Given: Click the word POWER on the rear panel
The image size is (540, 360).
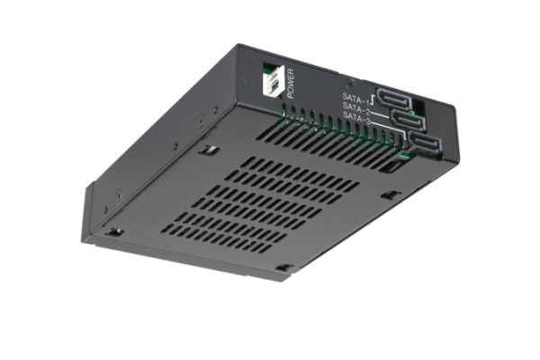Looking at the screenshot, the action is [x=291, y=84].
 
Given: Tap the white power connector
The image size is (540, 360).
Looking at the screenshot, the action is [x=273, y=80].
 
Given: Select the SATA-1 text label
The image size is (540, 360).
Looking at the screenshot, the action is [x=355, y=99].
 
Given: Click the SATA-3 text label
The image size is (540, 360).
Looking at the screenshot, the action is [x=357, y=119].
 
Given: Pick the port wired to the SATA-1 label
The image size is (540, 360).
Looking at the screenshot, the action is [x=393, y=99].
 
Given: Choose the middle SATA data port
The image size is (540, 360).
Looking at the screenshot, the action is [x=408, y=120].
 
